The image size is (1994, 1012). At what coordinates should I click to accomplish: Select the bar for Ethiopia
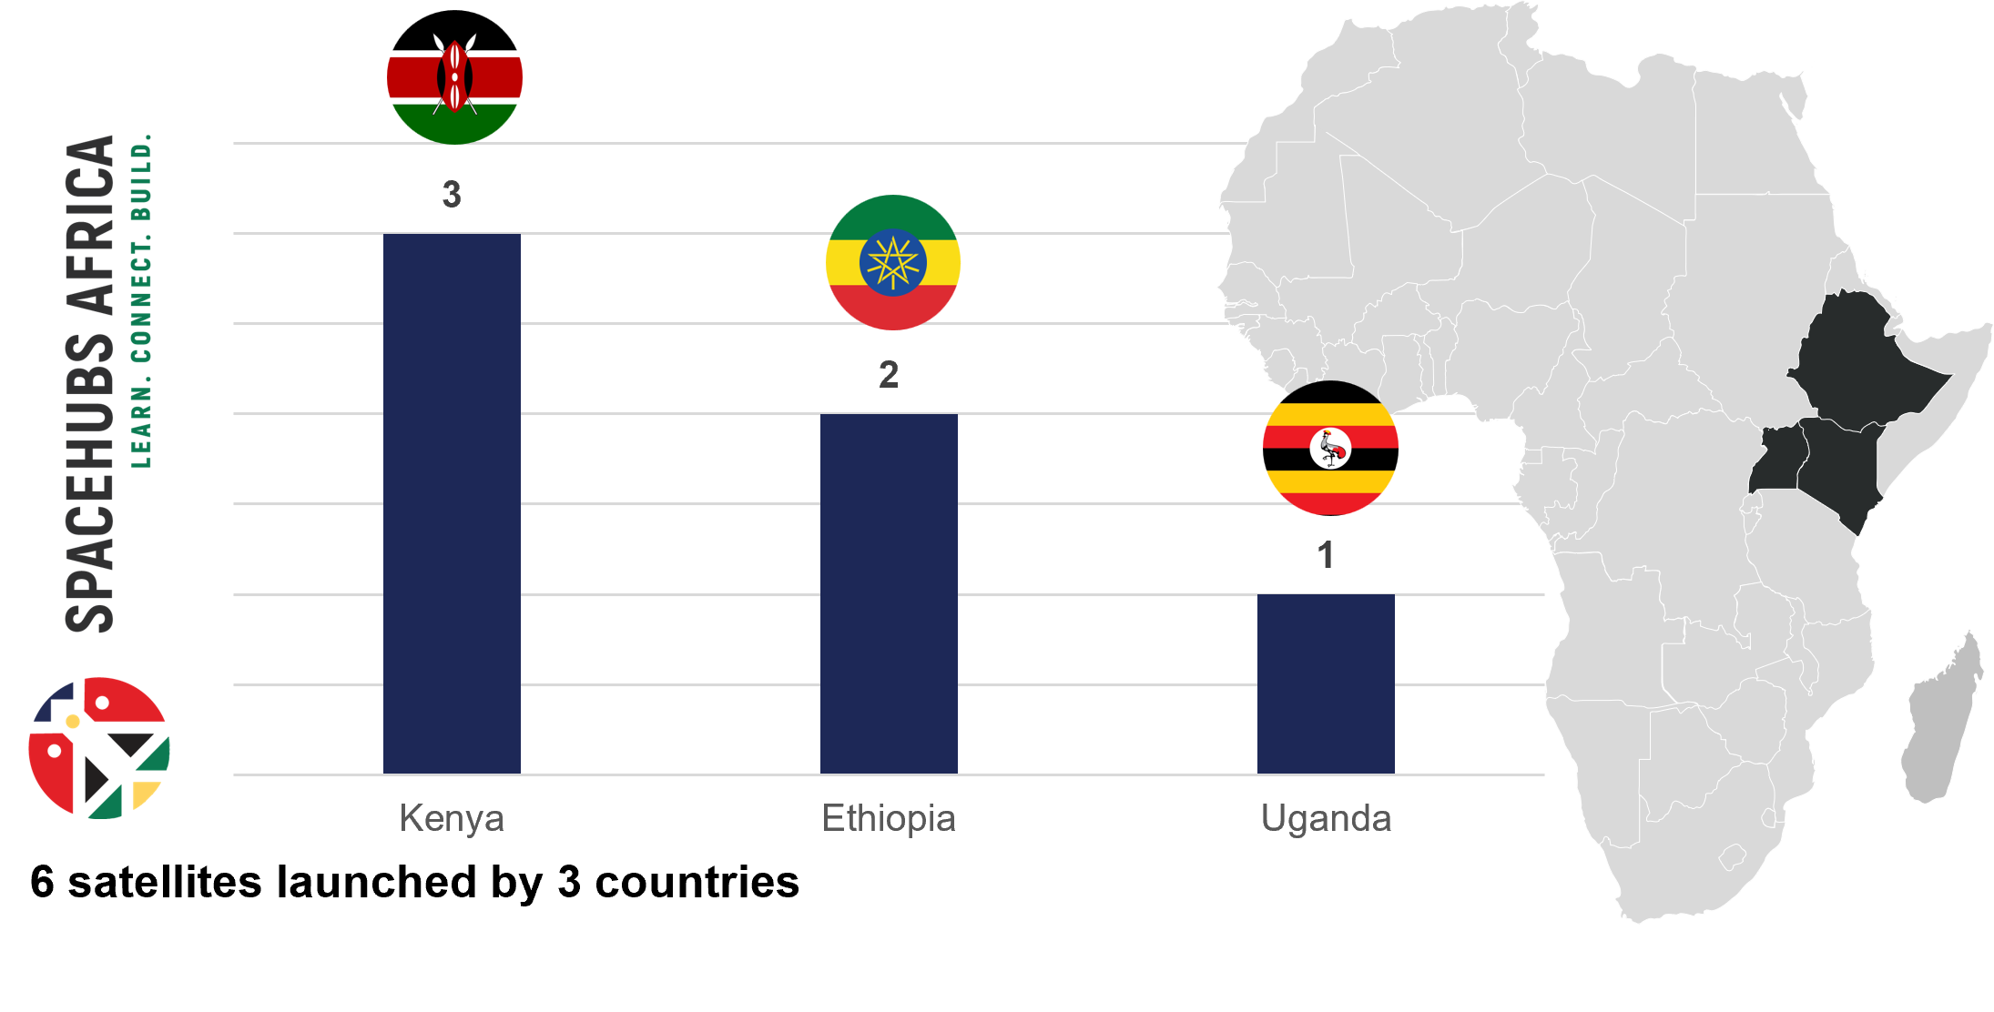tap(889, 593)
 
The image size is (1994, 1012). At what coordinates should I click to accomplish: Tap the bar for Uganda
tap(1326, 683)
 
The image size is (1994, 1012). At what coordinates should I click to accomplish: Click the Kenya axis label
tap(452, 818)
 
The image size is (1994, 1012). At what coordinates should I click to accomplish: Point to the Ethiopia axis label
tap(889, 818)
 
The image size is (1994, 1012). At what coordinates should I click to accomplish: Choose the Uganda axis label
tap(1326, 818)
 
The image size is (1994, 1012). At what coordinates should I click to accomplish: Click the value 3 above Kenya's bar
tap(452, 194)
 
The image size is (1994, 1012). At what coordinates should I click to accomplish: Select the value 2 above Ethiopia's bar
tap(889, 374)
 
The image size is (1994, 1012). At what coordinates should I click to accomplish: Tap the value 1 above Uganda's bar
tap(1326, 554)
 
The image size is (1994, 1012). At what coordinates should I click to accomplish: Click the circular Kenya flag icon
tap(454, 86)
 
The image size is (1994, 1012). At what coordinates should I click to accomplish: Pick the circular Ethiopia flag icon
tap(893, 262)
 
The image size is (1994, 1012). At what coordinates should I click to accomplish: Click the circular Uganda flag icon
tap(1330, 448)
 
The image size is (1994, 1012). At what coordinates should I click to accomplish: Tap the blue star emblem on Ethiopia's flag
tap(893, 262)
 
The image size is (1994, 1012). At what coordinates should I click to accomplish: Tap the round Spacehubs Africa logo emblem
tap(99, 747)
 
